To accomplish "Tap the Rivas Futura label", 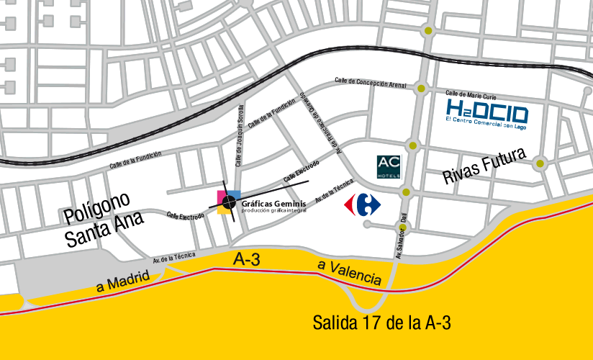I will pyautogui.click(x=485, y=167).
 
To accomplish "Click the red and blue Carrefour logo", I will pyautogui.click(x=362, y=204).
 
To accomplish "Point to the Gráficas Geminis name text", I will pyautogui.click(x=273, y=204).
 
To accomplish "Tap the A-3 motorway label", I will pyautogui.click(x=247, y=260).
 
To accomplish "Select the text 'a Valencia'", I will pyautogui.click(x=350, y=271).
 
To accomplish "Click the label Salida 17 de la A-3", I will pyautogui.click(x=381, y=323).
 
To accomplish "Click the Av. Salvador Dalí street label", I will pyautogui.click(x=400, y=235).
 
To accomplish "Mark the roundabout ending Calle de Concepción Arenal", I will pyautogui.click(x=421, y=88).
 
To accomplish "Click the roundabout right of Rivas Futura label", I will pyautogui.click(x=540, y=164).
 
